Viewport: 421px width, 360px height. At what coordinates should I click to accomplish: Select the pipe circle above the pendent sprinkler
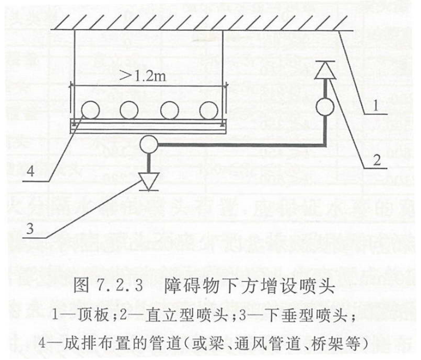(149, 144)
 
